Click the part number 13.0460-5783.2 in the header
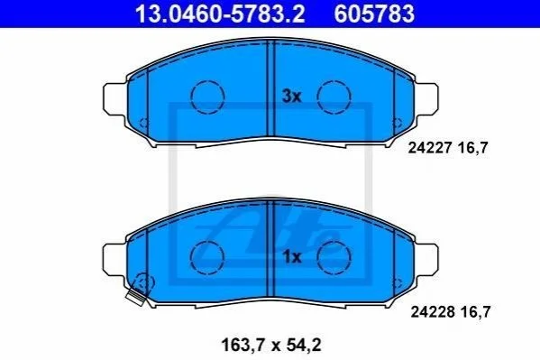220,14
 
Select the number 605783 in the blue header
374,14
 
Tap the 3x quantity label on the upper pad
291,97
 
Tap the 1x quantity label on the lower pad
291,257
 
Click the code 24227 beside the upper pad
429,148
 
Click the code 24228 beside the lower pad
432,312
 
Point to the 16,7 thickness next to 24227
473,148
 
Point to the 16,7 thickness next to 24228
475,312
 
